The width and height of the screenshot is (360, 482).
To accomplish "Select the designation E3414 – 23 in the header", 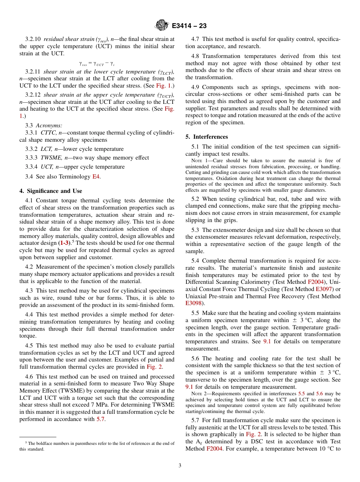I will click(189, 26).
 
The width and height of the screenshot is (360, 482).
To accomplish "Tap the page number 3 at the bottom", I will click(180, 465).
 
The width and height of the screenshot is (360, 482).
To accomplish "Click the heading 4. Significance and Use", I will click(51, 191).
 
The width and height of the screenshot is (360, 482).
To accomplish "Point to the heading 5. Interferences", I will click(207, 137).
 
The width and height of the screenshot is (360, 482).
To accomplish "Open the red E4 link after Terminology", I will click(97, 177).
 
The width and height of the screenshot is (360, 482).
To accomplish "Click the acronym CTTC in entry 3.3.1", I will click(49, 133).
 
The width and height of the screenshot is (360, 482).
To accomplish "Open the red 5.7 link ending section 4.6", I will click(99, 419).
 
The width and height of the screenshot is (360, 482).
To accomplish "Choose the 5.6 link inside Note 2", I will click(319, 394).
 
